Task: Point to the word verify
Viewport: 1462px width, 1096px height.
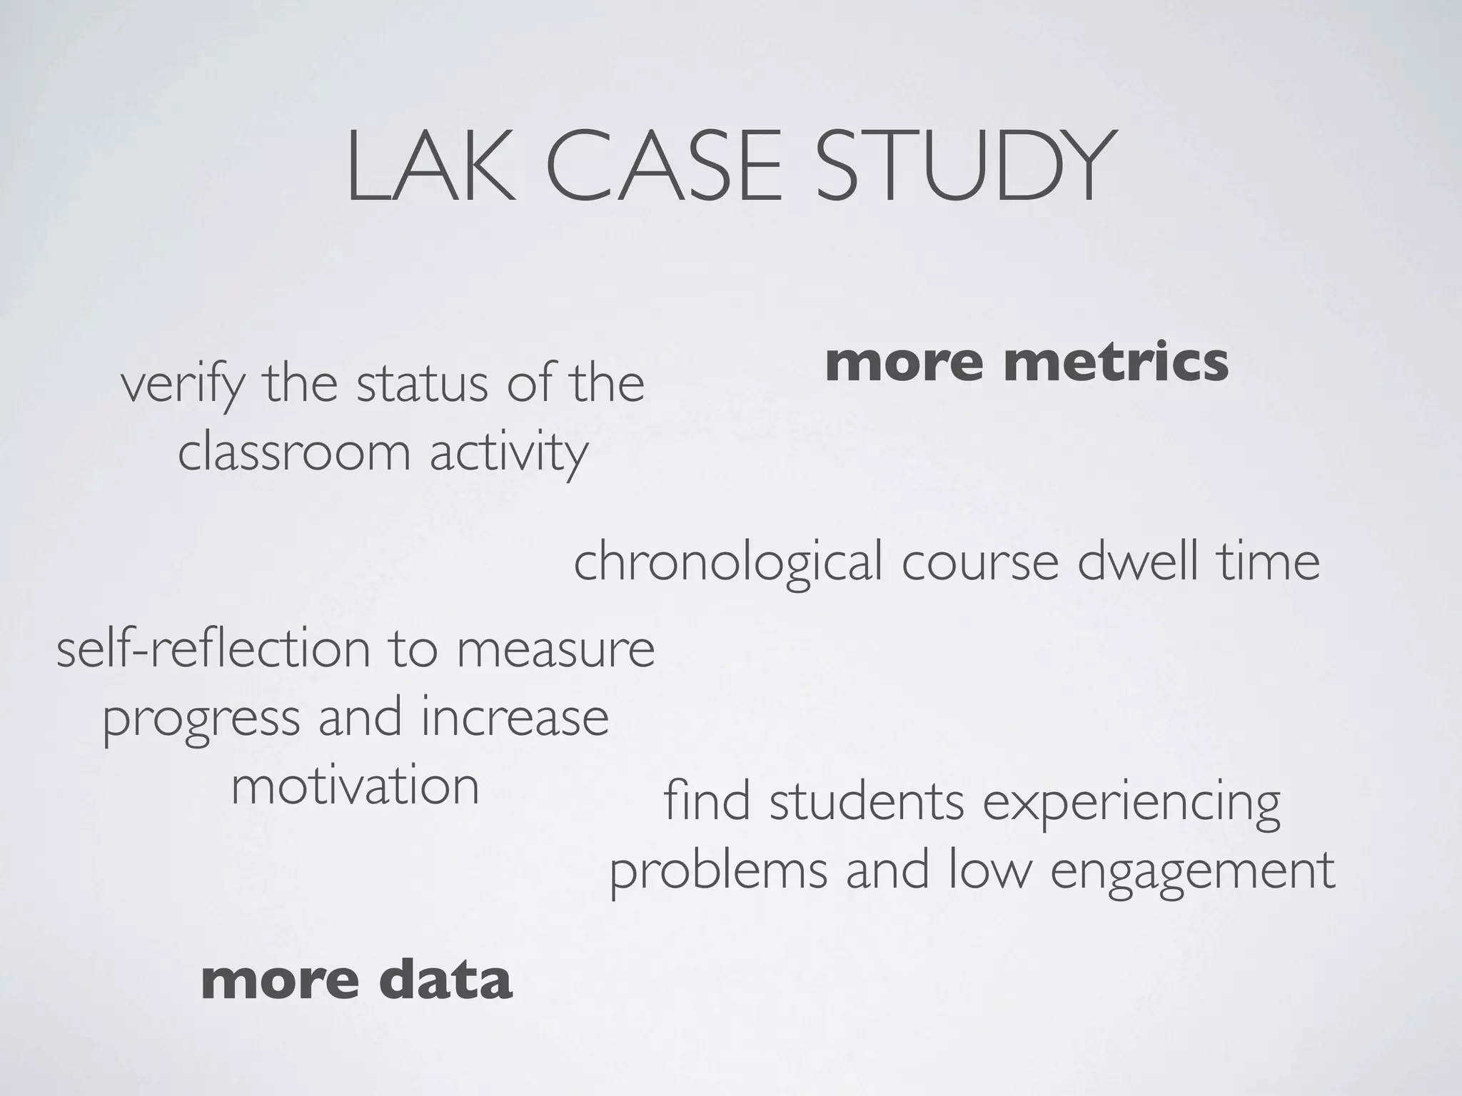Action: [x=183, y=385]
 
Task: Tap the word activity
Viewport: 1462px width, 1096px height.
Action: [x=509, y=454]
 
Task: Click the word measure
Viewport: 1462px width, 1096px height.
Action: [x=555, y=650]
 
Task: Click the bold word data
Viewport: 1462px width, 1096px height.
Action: [x=448, y=980]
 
